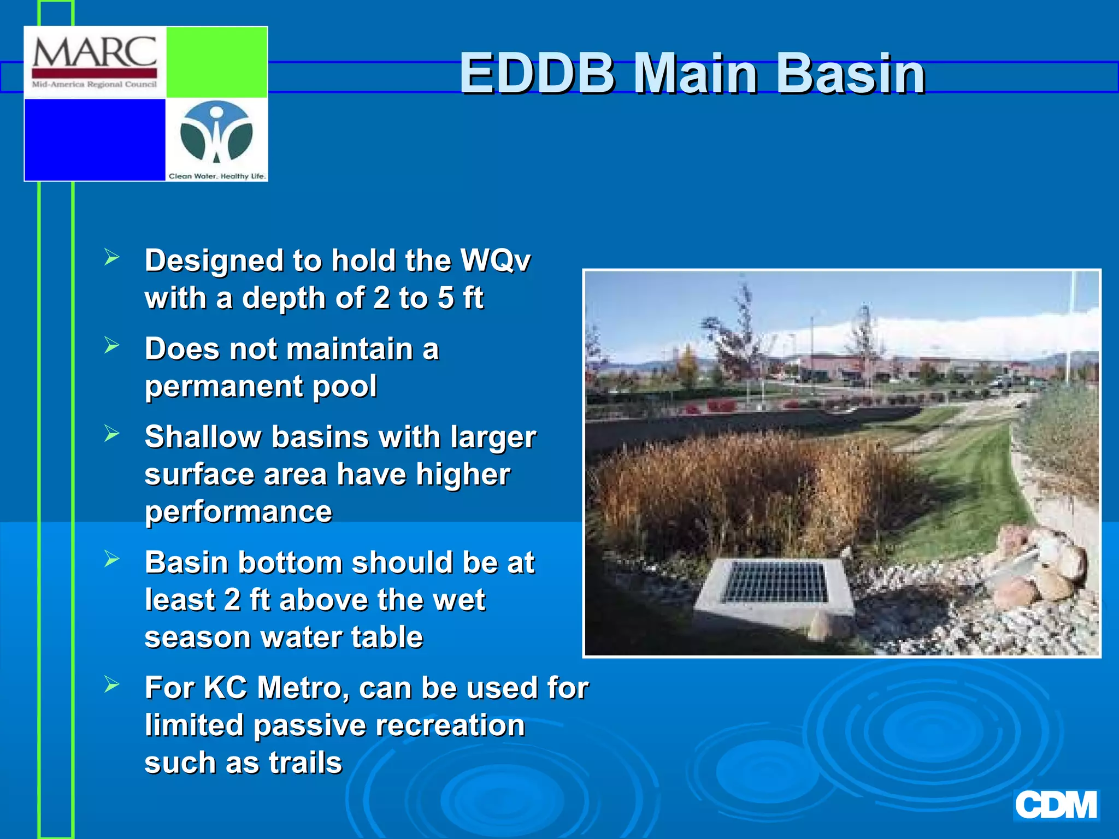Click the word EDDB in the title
click(538, 74)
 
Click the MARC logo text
click(95, 54)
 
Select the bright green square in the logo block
click(216, 62)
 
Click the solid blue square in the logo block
click(95, 139)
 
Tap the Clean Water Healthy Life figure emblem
click(216, 133)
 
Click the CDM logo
click(1056, 805)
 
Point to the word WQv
click(495, 260)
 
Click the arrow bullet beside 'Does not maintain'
click(111, 345)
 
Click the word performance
click(238, 512)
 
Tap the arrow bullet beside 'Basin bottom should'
click(111, 559)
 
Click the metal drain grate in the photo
click(775, 583)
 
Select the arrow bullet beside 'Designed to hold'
click(111, 257)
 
